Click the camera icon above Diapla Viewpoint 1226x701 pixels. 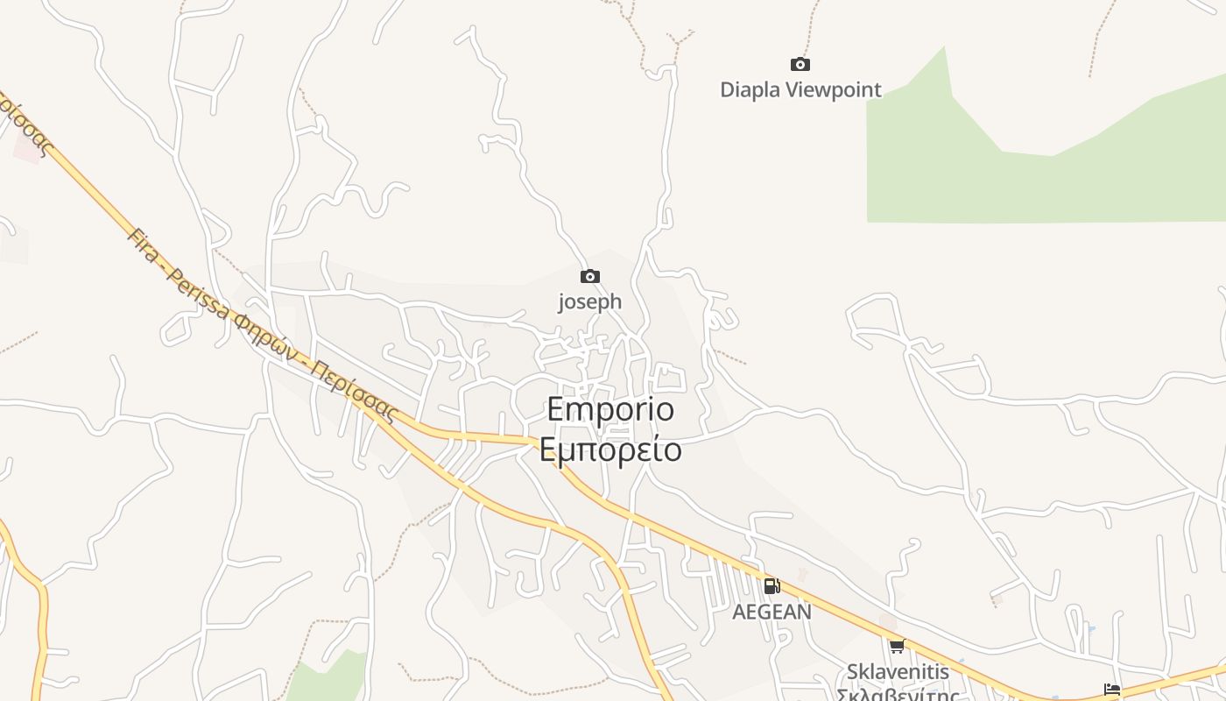pyautogui.click(x=800, y=64)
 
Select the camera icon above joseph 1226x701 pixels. pyautogui.click(x=590, y=276)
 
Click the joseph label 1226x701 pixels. pyautogui.click(x=590, y=301)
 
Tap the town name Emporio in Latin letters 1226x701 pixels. pyautogui.click(x=610, y=410)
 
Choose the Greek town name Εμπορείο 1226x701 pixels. pyautogui.click(x=610, y=450)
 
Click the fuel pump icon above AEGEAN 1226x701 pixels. pyautogui.click(x=772, y=586)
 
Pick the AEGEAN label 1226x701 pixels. pyautogui.click(x=772, y=612)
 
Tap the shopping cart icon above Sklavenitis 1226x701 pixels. pyautogui.click(x=897, y=647)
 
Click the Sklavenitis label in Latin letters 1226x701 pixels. pyautogui.click(x=898, y=672)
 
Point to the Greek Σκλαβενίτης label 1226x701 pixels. pyautogui.click(x=898, y=695)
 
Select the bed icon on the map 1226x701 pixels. pyautogui.click(x=1112, y=690)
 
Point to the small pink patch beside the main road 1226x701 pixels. pyautogui.click(x=27, y=149)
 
